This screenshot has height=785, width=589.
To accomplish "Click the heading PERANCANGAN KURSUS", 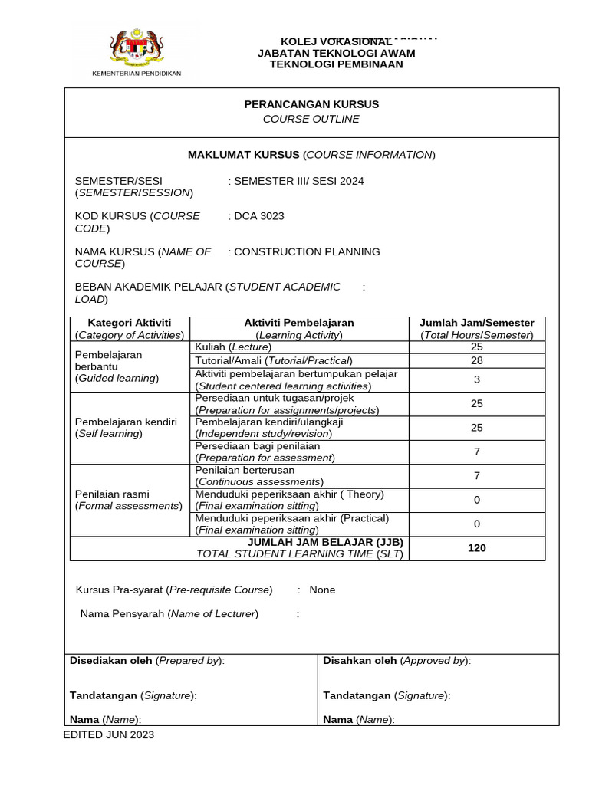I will (311, 104).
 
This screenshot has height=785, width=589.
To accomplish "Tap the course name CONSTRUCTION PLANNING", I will (307, 251).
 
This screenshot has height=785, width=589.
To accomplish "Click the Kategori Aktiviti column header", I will (129, 329).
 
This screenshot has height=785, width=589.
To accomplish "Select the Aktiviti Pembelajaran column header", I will (299, 329).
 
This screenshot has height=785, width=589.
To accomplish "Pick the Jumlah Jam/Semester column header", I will (476, 329).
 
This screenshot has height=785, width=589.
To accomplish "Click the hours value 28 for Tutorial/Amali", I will (476, 360).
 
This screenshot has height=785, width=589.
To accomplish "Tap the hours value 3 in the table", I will (476, 379).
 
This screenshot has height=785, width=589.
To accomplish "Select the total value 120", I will (476, 548).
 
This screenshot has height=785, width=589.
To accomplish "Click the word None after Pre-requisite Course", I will (322, 590).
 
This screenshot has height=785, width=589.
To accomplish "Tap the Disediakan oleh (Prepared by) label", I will (147, 661).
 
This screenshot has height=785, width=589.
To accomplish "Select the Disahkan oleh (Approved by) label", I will (397, 661).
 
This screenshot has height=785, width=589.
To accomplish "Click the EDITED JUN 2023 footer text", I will (108, 734).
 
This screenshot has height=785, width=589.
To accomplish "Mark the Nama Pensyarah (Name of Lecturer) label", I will (169, 613).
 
